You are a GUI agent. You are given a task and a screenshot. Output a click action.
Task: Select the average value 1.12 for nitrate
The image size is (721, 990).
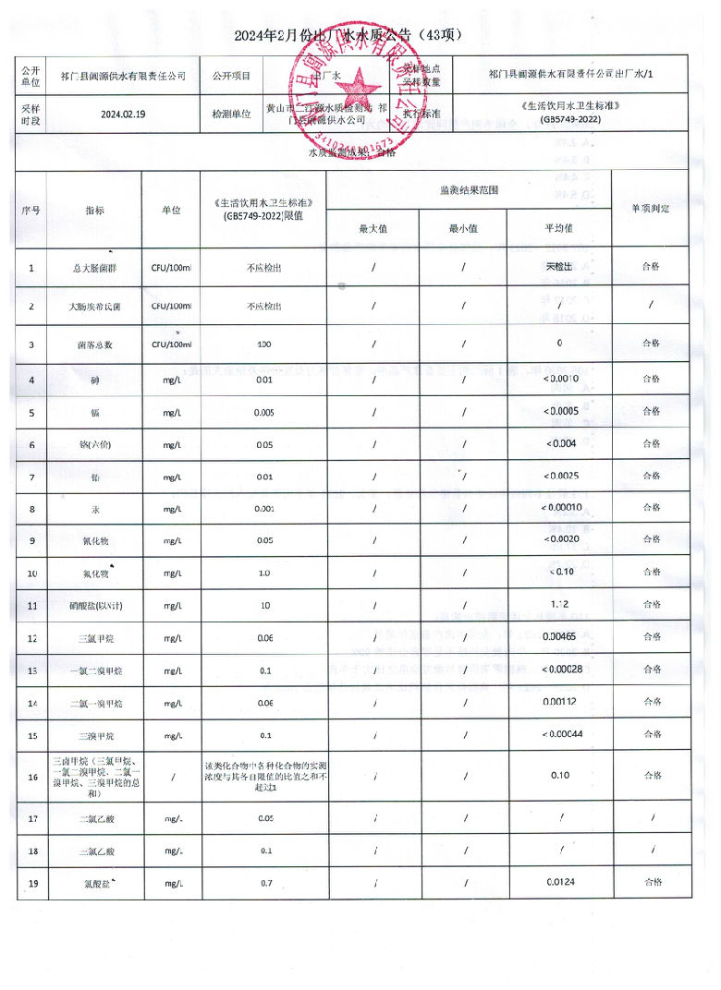559,606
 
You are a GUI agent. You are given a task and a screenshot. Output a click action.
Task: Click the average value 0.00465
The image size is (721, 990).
560,637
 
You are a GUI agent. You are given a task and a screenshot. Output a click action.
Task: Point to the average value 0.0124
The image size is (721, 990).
560,882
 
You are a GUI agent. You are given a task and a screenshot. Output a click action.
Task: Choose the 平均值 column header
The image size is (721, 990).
558,227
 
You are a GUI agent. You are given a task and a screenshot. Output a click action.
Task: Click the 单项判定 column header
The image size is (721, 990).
651,209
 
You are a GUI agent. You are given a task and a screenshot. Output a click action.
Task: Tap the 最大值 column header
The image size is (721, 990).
373,227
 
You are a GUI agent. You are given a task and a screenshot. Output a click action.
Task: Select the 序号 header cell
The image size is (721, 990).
31,209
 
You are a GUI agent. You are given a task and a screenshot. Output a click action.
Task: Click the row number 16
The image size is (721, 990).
32,776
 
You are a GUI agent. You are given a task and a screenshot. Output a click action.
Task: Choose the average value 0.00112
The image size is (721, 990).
560,703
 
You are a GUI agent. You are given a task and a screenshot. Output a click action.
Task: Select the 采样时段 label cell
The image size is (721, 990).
31,115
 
